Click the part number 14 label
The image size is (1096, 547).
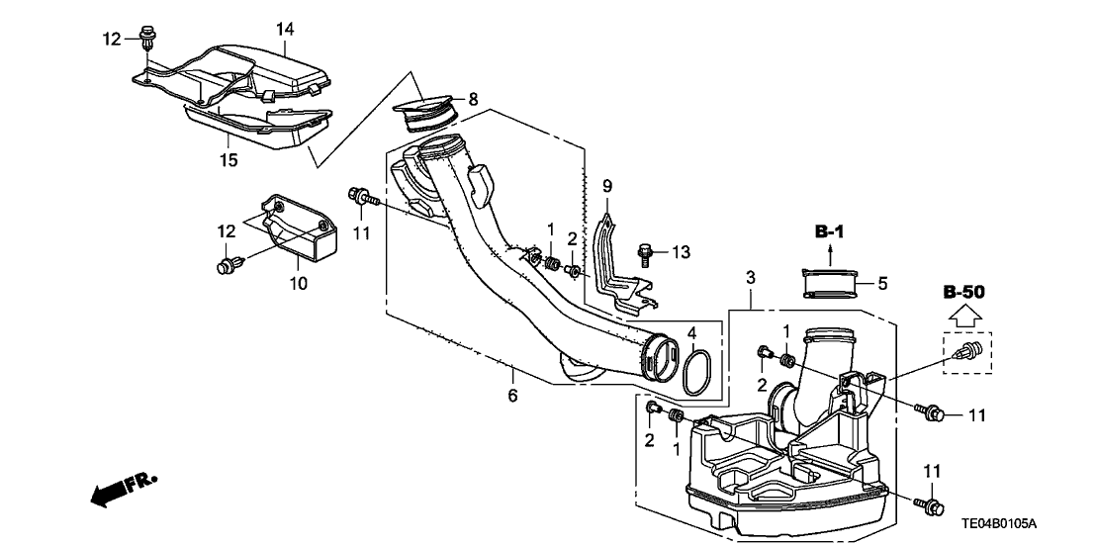pos(285,30)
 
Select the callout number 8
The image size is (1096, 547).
pos(473,99)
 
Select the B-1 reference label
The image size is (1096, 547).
pos(832,232)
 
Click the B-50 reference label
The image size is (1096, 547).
pos(966,293)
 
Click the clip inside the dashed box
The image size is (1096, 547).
pos(966,352)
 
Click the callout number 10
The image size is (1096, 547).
pos(298,284)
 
